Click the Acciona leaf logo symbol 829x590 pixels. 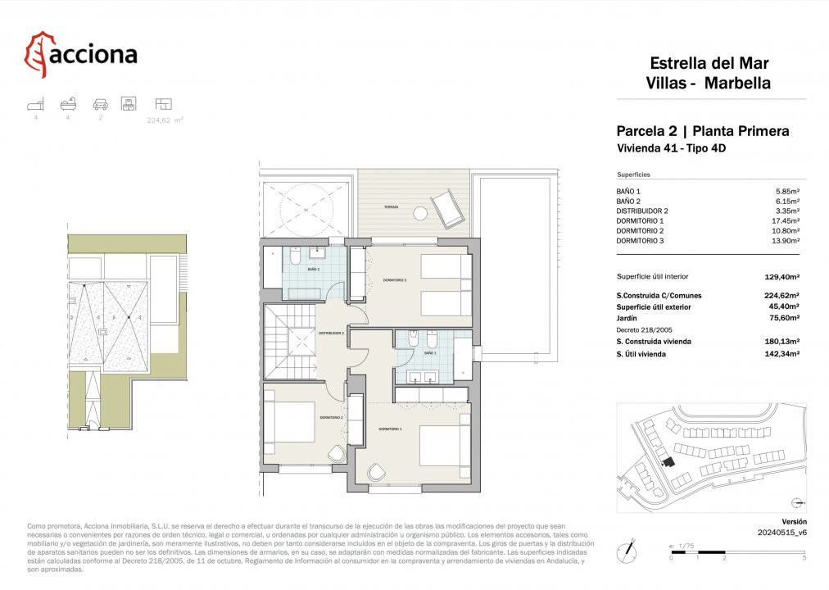[36, 54]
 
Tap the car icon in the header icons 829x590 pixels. [100, 104]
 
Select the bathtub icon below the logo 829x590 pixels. [68, 104]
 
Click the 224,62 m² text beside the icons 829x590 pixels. [165, 120]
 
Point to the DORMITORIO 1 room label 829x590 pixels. [390, 429]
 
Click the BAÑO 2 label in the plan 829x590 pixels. [314, 269]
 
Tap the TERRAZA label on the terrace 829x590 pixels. [390, 208]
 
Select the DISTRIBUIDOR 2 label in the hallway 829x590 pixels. [331, 334]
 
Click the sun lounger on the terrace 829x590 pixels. [445, 207]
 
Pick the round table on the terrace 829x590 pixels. [420, 212]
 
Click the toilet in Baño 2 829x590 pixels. [293, 257]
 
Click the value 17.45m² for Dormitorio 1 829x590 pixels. [786, 220]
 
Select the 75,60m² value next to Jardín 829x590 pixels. [781, 318]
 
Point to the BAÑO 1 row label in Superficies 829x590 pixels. [629, 191]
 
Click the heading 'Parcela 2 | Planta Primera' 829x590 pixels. [702, 131]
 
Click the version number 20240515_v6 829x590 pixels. [781, 533]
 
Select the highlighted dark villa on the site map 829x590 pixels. [668, 463]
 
